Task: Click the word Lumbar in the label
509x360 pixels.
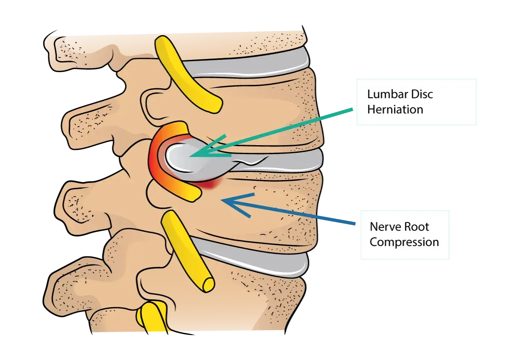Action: coord(387,94)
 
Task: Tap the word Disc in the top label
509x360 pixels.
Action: coord(422,94)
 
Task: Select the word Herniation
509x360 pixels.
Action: coord(395,110)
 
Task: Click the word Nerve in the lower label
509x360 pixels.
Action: coord(385,227)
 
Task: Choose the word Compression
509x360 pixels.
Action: coord(404,242)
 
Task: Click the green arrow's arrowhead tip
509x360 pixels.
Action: coord(190,156)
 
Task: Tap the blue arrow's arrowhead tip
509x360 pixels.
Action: coord(221,201)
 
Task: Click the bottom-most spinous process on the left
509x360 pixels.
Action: coord(75,286)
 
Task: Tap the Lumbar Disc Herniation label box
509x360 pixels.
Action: coord(416,102)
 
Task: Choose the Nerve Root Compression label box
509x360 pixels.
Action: coord(405,235)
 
